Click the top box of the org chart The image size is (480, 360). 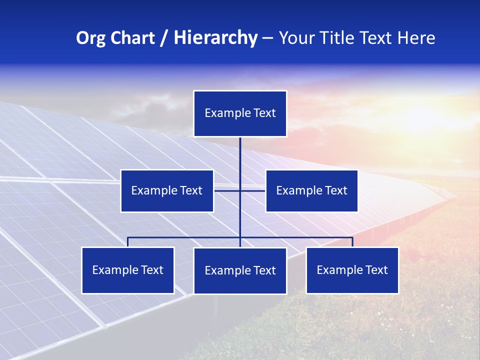click(240, 113)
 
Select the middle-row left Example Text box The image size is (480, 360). click(167, 190)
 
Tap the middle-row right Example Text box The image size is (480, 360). click(311, 190)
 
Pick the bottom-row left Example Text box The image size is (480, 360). click(127, 270)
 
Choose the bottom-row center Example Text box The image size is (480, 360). click(240, 270)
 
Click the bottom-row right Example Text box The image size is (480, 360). click(352, 270)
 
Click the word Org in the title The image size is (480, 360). click(90, 38)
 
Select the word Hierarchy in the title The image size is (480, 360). click(215, 38)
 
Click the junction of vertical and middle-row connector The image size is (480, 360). click(240, 190)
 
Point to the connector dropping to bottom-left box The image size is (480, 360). click(127, 241)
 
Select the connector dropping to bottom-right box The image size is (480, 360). click(352, 241)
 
